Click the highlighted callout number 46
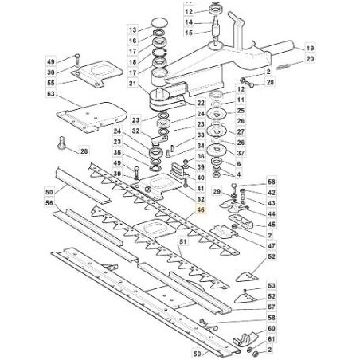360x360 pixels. tap(201, 209)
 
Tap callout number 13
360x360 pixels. tap(132, 30)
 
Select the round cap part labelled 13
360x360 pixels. tap(160, 22)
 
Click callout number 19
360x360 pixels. tap(310, 48)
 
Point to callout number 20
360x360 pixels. tap(310, 59)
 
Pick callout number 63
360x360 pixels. tap(51, 94)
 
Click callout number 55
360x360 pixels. tap(51, 83)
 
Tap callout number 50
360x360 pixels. tap(49, 192)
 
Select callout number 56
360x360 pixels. tap(49, 203)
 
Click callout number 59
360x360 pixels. tap(198, 354)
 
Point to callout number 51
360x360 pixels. tap(183, 241)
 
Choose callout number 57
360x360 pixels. tap(272, 307)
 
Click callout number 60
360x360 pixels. tap(272, 328)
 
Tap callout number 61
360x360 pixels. tap(272, 339)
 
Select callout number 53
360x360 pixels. tap(272, 286)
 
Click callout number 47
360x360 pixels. tap(272, 246)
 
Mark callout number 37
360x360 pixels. tap(241, 153)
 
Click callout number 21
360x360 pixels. tap(132, 84)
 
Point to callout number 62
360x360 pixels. tap(201, 199)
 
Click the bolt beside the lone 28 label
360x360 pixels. tap(61, 143)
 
